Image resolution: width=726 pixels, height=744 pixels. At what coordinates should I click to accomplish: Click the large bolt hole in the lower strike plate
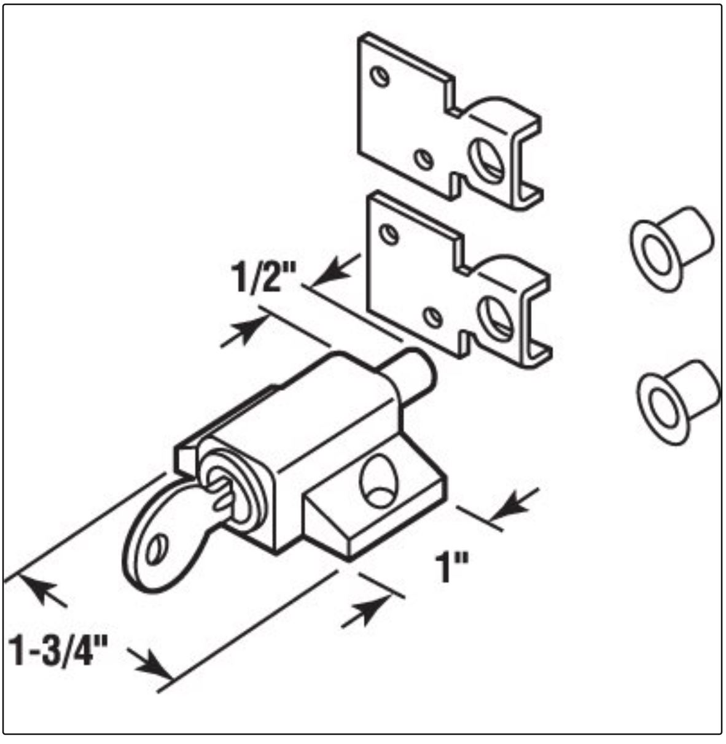pyautogui.click(x=495, y=314)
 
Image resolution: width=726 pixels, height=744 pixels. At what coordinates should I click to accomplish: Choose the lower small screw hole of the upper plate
pyautogui.click(x=423, y=160)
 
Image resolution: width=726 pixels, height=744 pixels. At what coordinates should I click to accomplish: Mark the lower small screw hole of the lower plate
pyautogui.click(x=434, y=317)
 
